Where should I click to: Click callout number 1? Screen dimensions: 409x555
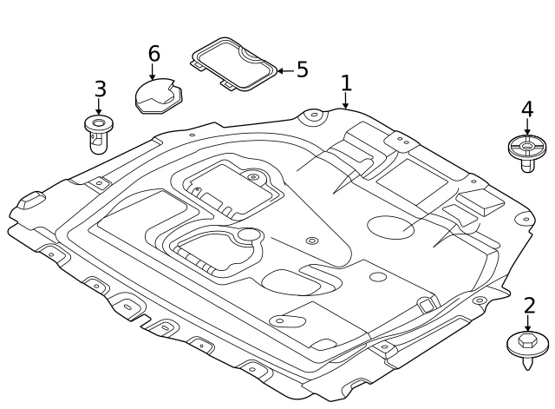point(346,83)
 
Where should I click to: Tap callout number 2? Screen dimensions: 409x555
point(529,306)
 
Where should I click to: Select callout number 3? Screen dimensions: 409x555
point(101,89)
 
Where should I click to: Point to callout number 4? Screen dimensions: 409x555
point(526,109)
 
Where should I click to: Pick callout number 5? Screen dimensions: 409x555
point(302,69)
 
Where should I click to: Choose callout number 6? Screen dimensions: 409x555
point(153,54)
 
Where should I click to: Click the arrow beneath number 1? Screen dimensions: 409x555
point(346,102)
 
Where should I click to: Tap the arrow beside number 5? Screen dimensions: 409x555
point(283,69)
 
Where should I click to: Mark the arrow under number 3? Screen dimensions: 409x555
point(99,109)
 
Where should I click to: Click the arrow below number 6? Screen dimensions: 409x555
point(153,74)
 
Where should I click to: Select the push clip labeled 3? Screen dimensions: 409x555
point(98,133)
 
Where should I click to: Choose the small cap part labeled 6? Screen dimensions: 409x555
point(156,96)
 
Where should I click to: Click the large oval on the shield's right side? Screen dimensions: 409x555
point(390,226)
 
